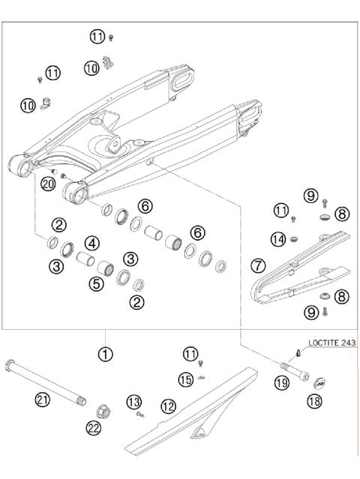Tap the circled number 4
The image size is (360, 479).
coord(91,243)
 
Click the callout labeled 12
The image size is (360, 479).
coord(169,406)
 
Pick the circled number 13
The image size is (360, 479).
coord(134,403)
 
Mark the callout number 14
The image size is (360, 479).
coord(278,239)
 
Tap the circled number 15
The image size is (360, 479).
coord(187,380)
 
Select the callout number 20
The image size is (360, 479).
coord(49,184)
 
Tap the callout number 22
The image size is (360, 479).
coord(95,428)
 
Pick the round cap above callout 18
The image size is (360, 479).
coord(319,383)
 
